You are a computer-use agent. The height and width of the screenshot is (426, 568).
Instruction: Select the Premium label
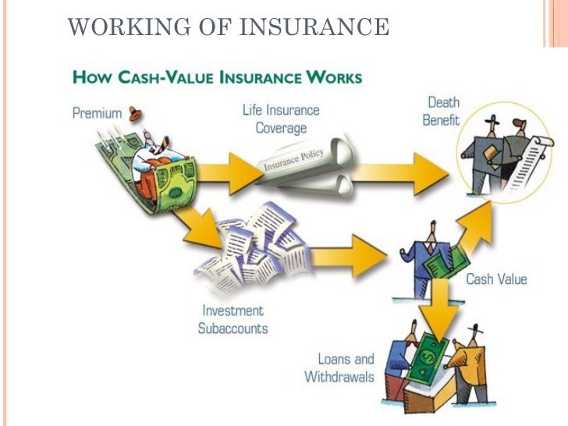click(98, 112)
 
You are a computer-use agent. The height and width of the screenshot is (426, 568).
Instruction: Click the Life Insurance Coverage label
click(280, 118)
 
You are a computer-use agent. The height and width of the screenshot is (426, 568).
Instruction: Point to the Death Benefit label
click(442, 112)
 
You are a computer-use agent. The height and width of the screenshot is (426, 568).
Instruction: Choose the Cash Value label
click(496, 279)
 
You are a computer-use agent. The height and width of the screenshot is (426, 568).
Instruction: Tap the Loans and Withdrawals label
click(339, 368)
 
